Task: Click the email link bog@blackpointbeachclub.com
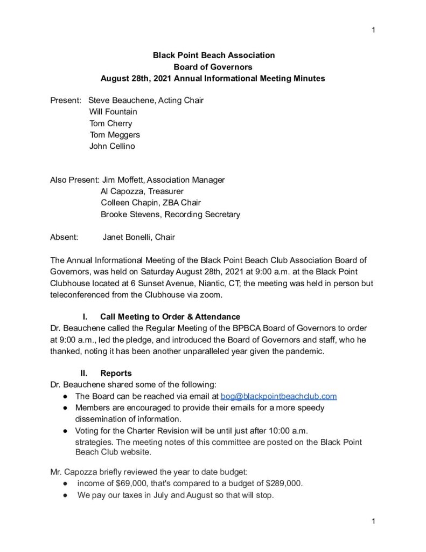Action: click(x=279, y=396)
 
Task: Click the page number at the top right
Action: click(x=373, y=30)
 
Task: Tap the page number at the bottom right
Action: click(x=373, y=521)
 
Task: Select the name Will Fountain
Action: click(x=113, y=112)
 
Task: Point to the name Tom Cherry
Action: click(x=110, y=123)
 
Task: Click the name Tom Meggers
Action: click(x=114, y=135)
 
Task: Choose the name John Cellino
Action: click(x=112, y=146)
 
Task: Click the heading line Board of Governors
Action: click(x=213, y=67)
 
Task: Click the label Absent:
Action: click(x=64, y=237)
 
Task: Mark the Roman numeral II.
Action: click(x=84, y=373)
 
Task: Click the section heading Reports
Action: click(x=116, y=373)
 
